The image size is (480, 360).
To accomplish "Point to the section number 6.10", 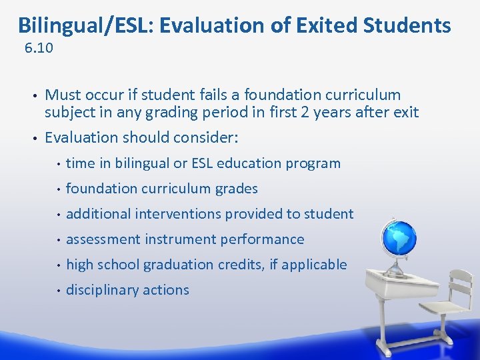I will pyautogui.click(x=38, y=49).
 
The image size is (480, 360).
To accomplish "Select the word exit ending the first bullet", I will pyautogui.click(x=405, y=113).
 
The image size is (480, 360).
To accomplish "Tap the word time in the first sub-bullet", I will pyautogui.click(x=80, y=163).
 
